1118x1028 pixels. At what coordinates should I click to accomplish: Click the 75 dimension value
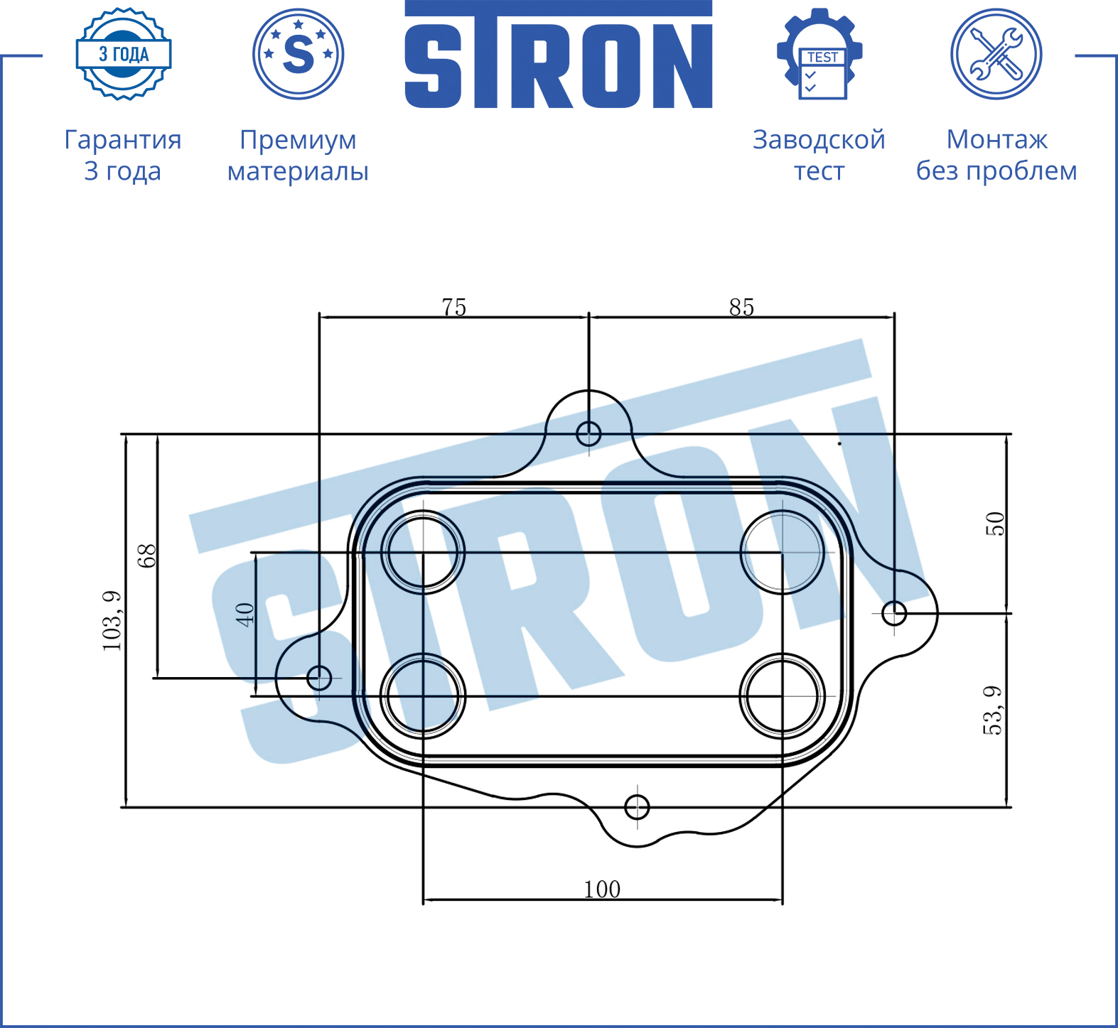tap(454, 307)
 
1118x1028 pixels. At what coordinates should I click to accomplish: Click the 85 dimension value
tap(741, 307)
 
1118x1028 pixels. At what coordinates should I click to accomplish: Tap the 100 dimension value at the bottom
tap(602, 889)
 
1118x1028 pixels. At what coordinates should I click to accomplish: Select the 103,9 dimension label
tap(112, 620)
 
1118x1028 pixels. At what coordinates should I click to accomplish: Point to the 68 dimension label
tap(146, 556)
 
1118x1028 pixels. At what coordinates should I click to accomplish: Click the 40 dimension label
tap(244, 614)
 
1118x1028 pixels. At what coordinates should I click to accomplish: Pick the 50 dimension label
tap(995, 524)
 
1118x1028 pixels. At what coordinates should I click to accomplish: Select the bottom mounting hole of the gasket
tap(637, 807)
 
